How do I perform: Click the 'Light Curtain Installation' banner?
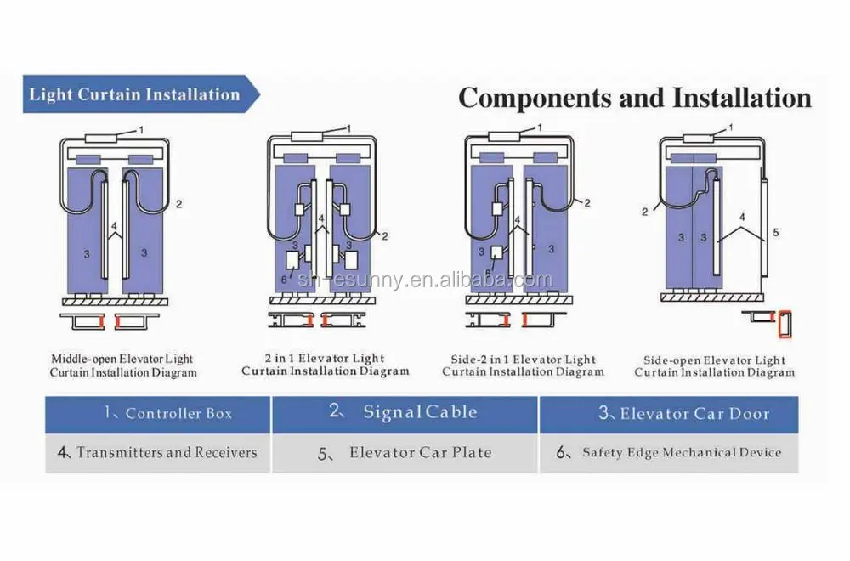coord(136,94)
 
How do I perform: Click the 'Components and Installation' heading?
coord(634,98)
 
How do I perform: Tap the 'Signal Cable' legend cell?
coord(405,413)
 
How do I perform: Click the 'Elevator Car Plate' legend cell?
coord(405,453)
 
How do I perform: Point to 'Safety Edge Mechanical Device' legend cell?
coord(670,452)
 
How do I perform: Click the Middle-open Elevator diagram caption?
coord(123,366)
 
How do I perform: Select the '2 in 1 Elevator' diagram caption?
coord(326,365)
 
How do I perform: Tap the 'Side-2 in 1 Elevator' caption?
coord(523,365)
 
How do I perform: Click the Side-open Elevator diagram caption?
coord(715,365)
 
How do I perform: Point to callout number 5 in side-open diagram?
coord(775,231)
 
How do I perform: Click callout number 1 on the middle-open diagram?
coord(142,129)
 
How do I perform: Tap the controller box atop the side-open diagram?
coord(698,138)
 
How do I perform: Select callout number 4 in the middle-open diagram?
coord(114,225)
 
